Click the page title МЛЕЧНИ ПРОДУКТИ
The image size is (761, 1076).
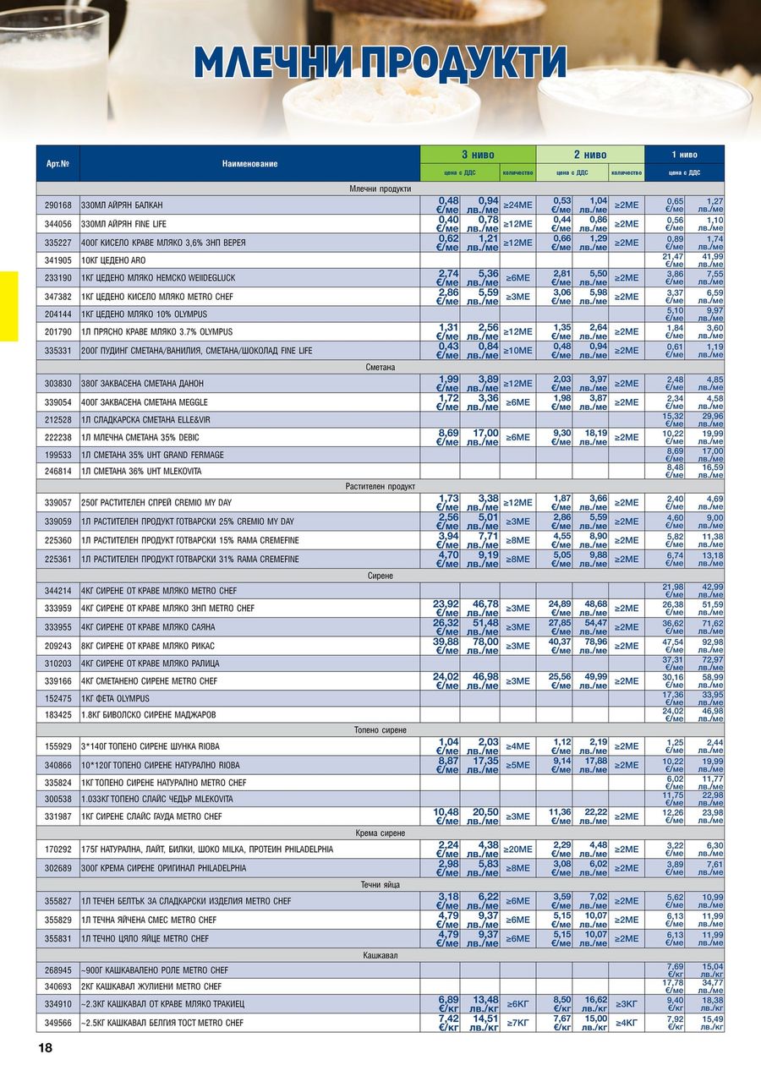[x=380, y=63]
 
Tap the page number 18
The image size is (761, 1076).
[x=45, y=1048]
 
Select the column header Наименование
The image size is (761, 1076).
[x=249, y=163]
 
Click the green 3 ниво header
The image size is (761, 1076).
[x=478, y=155]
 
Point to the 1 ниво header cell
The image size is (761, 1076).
[x=684, y=155]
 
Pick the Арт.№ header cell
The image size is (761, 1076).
[x=57, y=163]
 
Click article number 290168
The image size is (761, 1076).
[x=57, y=205]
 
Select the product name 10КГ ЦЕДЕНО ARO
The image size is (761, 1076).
[x=113, y=260]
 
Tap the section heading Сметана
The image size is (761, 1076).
[x=380, y=367]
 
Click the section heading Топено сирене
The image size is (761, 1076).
[x=380, y=729]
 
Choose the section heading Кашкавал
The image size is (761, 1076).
[x=380, y=954]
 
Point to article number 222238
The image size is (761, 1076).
[x=57, y=437]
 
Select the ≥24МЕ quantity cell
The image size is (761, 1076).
[x=517, y=205]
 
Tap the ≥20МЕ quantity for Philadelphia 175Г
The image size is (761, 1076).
[x=517, y=849]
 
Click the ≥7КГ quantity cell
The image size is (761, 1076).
[x=517, y=1024]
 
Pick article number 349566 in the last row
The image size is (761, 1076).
[x=57, y=1024]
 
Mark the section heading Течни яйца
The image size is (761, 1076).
[x=380, y=884]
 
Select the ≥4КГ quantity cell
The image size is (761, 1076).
[x=627, y=1024]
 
